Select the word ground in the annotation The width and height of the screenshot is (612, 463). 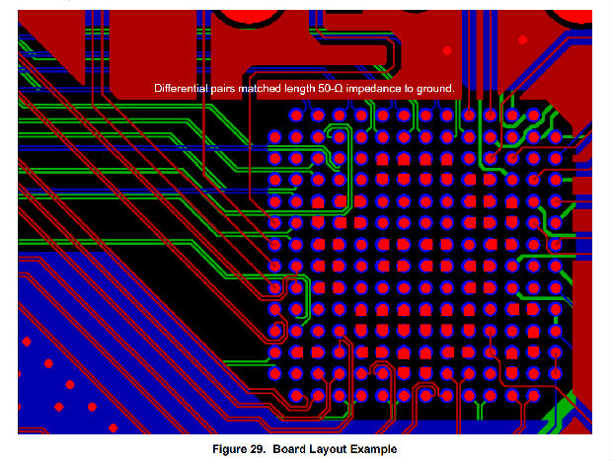click(436, 89)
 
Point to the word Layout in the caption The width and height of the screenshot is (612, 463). click(335, 449)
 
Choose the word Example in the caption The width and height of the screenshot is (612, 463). click(377, 449)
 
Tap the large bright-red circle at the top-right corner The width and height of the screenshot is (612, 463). click(575, 12)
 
